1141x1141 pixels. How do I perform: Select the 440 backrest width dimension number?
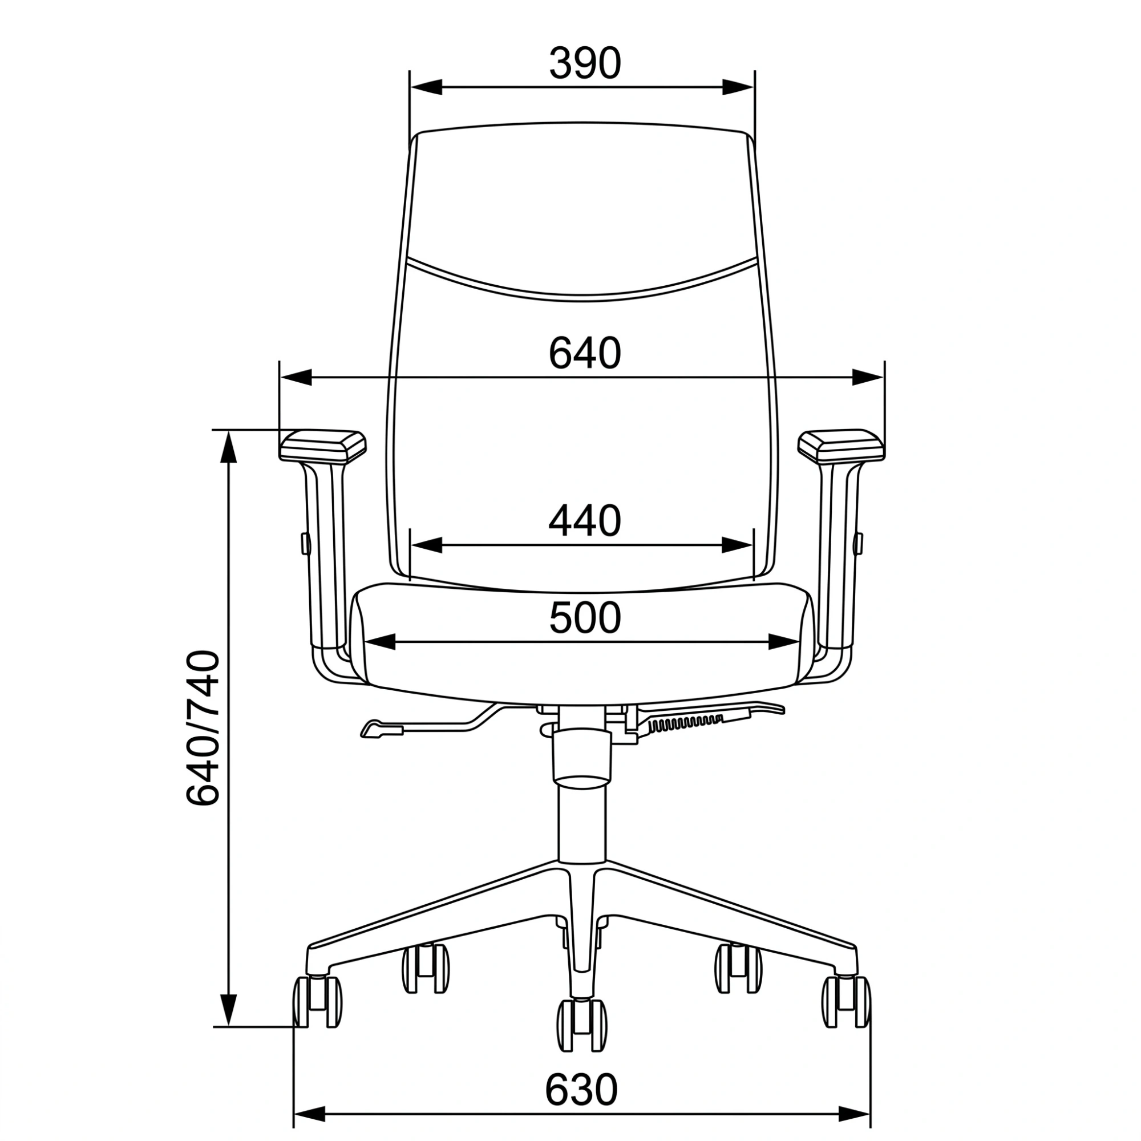pos(585,521)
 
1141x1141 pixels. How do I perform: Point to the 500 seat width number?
pos(585,618)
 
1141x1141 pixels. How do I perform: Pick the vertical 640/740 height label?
pos(203,727)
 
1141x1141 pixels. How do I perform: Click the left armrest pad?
pos(322,446)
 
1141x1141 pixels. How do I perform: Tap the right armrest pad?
pos(841,446)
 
